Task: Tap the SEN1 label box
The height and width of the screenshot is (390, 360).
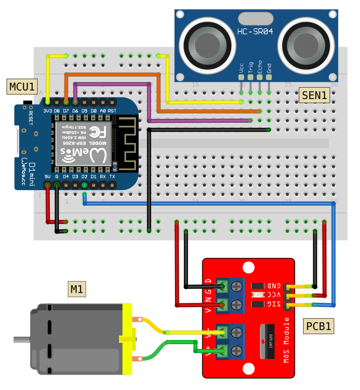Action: [x=314, y=96]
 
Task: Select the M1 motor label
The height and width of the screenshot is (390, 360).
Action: [x=78, y=289]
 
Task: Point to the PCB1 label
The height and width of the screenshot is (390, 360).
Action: [x=319, y=326]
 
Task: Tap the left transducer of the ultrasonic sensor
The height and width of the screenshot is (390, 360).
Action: [x=207, y=43]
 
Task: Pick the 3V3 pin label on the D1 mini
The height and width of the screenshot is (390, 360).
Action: [x=47, y=111]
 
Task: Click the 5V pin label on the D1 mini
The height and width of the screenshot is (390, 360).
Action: [x=47, y=177]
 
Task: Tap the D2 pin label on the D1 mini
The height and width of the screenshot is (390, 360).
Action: [x=84, y=177]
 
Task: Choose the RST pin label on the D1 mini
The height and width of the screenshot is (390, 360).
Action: [x=112, y=111]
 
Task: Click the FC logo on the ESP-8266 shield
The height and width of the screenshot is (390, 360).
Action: [x=94, y=131]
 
